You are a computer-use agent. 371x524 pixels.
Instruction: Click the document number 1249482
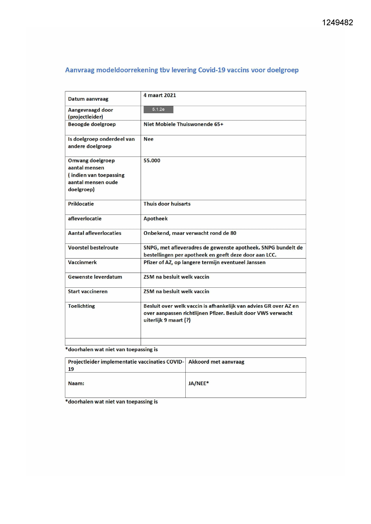[337, 23]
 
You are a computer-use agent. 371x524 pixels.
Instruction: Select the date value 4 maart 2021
[160, 95]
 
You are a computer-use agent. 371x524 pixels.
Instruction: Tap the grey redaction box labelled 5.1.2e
[158, 110]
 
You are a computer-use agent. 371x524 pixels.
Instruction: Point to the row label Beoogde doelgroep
[91, 124]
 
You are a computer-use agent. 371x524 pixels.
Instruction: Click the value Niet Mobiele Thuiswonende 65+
[183, 124]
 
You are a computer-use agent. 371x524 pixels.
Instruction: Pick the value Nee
[148, 139]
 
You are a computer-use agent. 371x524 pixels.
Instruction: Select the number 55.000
[152, 161]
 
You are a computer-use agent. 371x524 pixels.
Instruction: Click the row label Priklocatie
[81, 204]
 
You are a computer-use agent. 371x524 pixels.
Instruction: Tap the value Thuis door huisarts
[167, 204]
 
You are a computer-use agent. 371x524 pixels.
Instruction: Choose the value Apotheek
[155, 219]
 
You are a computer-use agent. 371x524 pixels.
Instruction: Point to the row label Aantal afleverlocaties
[94, 233]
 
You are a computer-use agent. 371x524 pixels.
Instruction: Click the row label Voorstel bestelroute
[93, 248]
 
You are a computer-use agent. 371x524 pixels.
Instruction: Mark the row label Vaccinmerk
[82, 263]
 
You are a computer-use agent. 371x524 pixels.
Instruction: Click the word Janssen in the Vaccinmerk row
[256, 263]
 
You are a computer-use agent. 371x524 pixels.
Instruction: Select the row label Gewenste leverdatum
[95, 277]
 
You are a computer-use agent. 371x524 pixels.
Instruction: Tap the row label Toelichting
[81, 306]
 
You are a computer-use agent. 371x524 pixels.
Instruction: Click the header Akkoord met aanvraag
[216, 362]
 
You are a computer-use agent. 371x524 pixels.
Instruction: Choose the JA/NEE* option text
[199, 384]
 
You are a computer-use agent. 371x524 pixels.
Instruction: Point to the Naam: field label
[76, 384]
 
